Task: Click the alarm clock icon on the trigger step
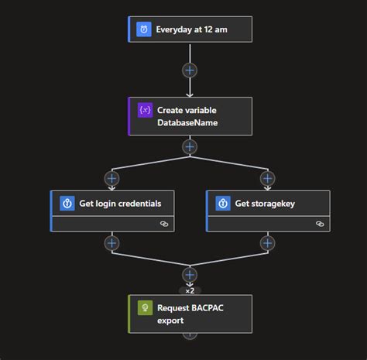click(144, 29)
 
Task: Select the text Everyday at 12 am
click(191, 30)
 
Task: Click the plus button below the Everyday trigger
click(190, 70)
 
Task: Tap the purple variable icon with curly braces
click(144, 111)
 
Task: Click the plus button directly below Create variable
click(190, 147)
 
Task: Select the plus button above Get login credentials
click(112, 179)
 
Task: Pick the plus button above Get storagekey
click(267, 179)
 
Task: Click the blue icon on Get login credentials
click(67, 204)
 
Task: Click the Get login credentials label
click(120, 204)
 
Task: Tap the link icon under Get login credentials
click(164, 223)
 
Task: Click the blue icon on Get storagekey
click(222, 204)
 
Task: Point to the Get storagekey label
click(266, 204)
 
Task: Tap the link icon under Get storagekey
click(320, 223)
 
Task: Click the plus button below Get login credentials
click(112, 242)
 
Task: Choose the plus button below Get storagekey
click(267, 242)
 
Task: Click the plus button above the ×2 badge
click(190, 273)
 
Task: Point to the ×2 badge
click(190, 290)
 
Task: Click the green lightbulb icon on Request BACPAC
click(144, 307)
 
